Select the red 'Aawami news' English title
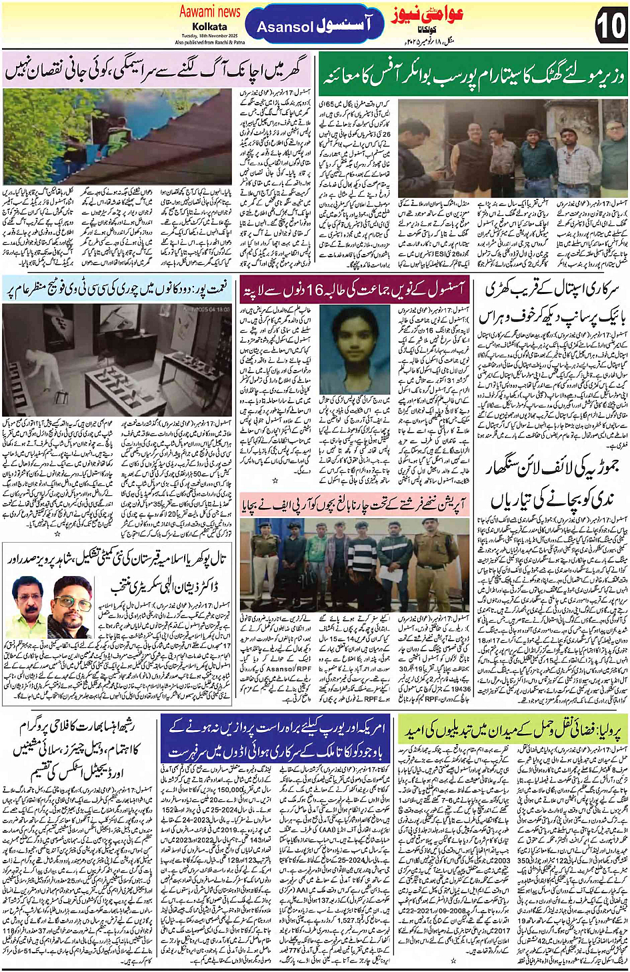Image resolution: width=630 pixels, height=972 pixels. (x=209, y=11)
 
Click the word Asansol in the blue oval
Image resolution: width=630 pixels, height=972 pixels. (x=285, y=27)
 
